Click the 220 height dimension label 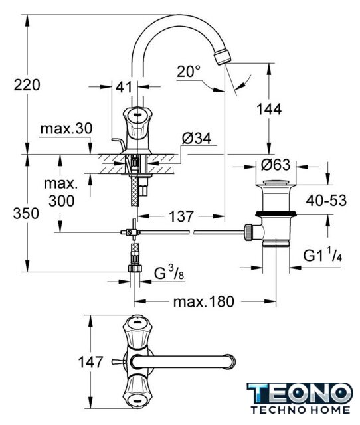(27, 84)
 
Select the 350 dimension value (26, 213)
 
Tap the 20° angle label (189, 72)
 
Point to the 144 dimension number (269, 109)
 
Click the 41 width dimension (124, 87)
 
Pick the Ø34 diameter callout (196, 139)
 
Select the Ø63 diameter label (276, 165)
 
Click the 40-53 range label (326, 201)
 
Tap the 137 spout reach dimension (181, 216)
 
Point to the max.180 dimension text (203, 301)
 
